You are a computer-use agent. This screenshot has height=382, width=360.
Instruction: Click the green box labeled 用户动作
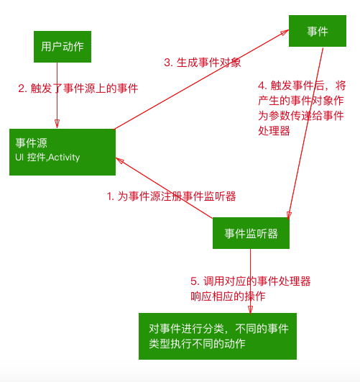click(x=63, y=47)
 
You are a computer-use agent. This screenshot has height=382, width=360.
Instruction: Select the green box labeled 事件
click(x=318, y=31)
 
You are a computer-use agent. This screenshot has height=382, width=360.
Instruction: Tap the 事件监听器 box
click(x=251, y=233)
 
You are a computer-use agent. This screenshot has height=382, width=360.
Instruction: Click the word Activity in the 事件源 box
click(x=64, y=158)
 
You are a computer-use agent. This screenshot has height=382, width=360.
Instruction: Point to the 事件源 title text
click(x=31, y=142)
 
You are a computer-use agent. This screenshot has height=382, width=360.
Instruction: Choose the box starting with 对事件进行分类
click(x=218, y=336)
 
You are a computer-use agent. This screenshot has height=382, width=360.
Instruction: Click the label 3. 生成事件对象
click(x=203, y=63)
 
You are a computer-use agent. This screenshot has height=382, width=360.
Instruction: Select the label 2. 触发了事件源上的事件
click(x=78, y=88)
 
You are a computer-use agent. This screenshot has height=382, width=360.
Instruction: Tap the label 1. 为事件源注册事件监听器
click(x=171, y=196)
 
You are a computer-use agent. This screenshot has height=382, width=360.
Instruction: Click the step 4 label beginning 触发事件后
click(x=302, y=109)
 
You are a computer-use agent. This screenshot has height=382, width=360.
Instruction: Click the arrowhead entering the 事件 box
click(x=285, y=32)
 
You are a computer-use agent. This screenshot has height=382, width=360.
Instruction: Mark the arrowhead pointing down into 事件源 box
click(x=57, y=124)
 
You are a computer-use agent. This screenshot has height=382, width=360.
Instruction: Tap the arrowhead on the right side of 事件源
click(x=120, y=160)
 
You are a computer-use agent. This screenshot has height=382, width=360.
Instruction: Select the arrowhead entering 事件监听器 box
click(x=289, y=216)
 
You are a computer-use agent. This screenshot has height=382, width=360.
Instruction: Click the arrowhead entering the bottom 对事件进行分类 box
click(x=250, y=309)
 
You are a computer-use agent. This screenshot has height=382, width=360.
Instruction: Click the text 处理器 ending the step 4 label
click(x=274, y=131)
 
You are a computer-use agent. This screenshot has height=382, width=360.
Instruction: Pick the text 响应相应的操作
click(x=228, y=296)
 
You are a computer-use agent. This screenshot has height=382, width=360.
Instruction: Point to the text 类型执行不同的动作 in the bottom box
click(x=197, y=344)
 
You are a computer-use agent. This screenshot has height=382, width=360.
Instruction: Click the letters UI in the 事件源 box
click(x=19, y=158)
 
